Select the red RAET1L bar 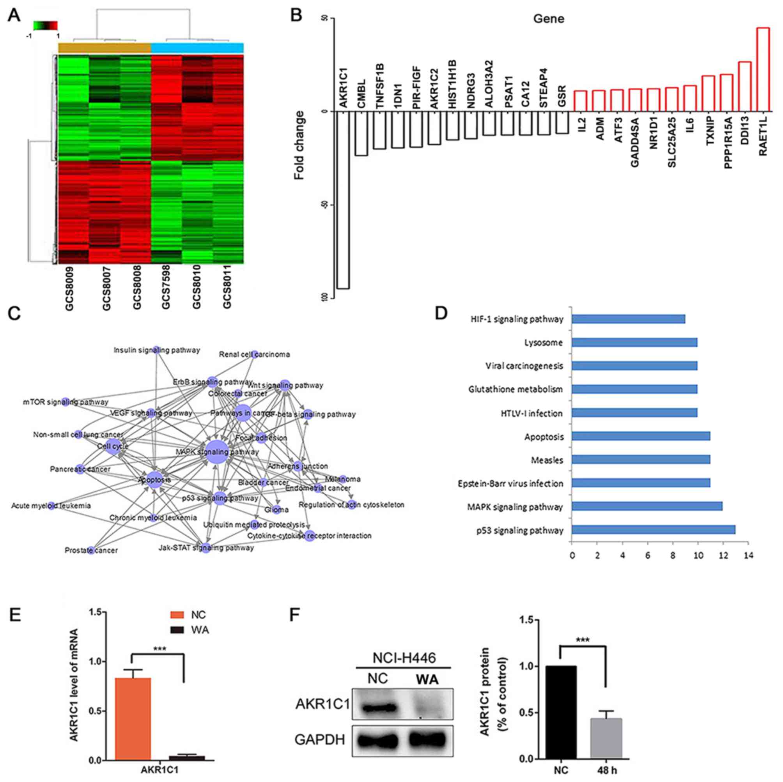point(763,69)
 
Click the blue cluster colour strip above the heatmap point(197,48)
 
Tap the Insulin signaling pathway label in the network point(157,350)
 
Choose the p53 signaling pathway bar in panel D point(653,530)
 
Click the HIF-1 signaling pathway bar point(628,319)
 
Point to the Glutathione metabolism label point(516,389)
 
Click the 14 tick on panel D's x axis point(748,556)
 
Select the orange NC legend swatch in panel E point(177,615)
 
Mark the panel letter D point(441,313)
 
